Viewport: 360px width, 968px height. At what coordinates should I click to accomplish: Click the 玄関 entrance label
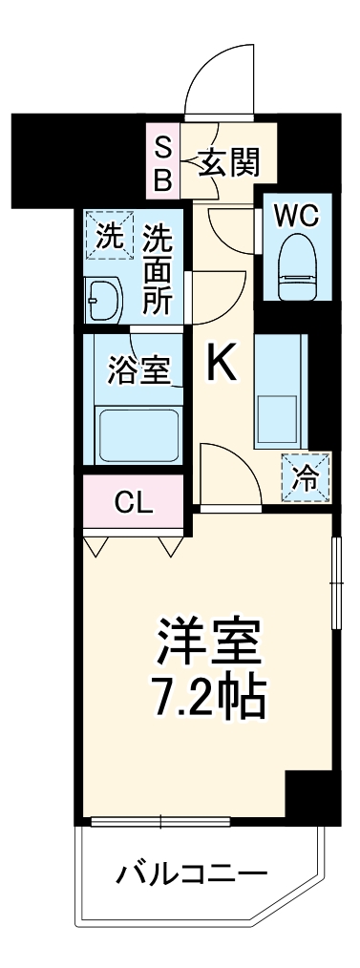click(230, 164)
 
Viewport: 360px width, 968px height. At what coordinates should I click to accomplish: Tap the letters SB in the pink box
click(163, 163)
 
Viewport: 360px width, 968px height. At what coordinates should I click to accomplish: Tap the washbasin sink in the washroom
click(102, 301)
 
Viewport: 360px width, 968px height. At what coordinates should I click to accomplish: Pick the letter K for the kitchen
click(222, 362)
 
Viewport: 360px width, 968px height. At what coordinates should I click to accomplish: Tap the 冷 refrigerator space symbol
click(306, 475)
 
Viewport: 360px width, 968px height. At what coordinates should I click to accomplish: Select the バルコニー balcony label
click(192, 872)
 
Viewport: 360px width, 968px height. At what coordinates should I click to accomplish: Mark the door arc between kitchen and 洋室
click(229, 468)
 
